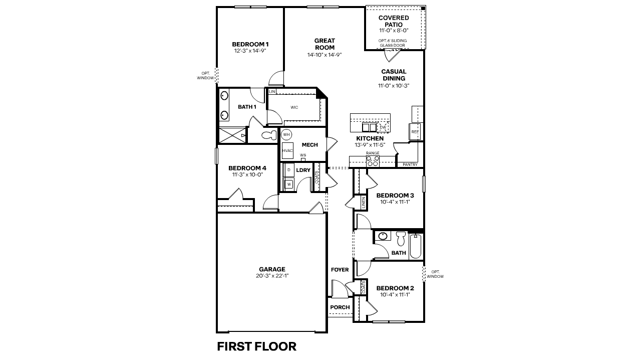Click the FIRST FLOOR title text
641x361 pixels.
[256, 346]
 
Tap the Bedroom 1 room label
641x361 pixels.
[250, 44]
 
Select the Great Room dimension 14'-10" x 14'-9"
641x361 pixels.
[325, 55]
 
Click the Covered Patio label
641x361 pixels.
[394, 21]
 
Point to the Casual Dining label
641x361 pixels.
[394, 75]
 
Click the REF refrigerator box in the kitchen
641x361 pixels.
[415, 131]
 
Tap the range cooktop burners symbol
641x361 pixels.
[373, 161]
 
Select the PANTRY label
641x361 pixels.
[410, 164]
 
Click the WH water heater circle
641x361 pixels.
[286, 134]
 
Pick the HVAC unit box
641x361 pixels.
[287, 150]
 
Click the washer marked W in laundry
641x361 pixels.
[289, 184]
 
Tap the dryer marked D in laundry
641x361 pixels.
[289, 170]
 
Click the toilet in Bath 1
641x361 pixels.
[269, 135]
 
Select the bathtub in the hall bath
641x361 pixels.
[416, 246]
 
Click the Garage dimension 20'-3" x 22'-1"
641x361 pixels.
[272, 276]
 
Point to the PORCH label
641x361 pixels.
[340, 307]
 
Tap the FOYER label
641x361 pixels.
[340, 270]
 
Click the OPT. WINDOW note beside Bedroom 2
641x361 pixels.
[435, 274]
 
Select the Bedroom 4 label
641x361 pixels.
[247, 168]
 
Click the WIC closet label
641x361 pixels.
[294, 107]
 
